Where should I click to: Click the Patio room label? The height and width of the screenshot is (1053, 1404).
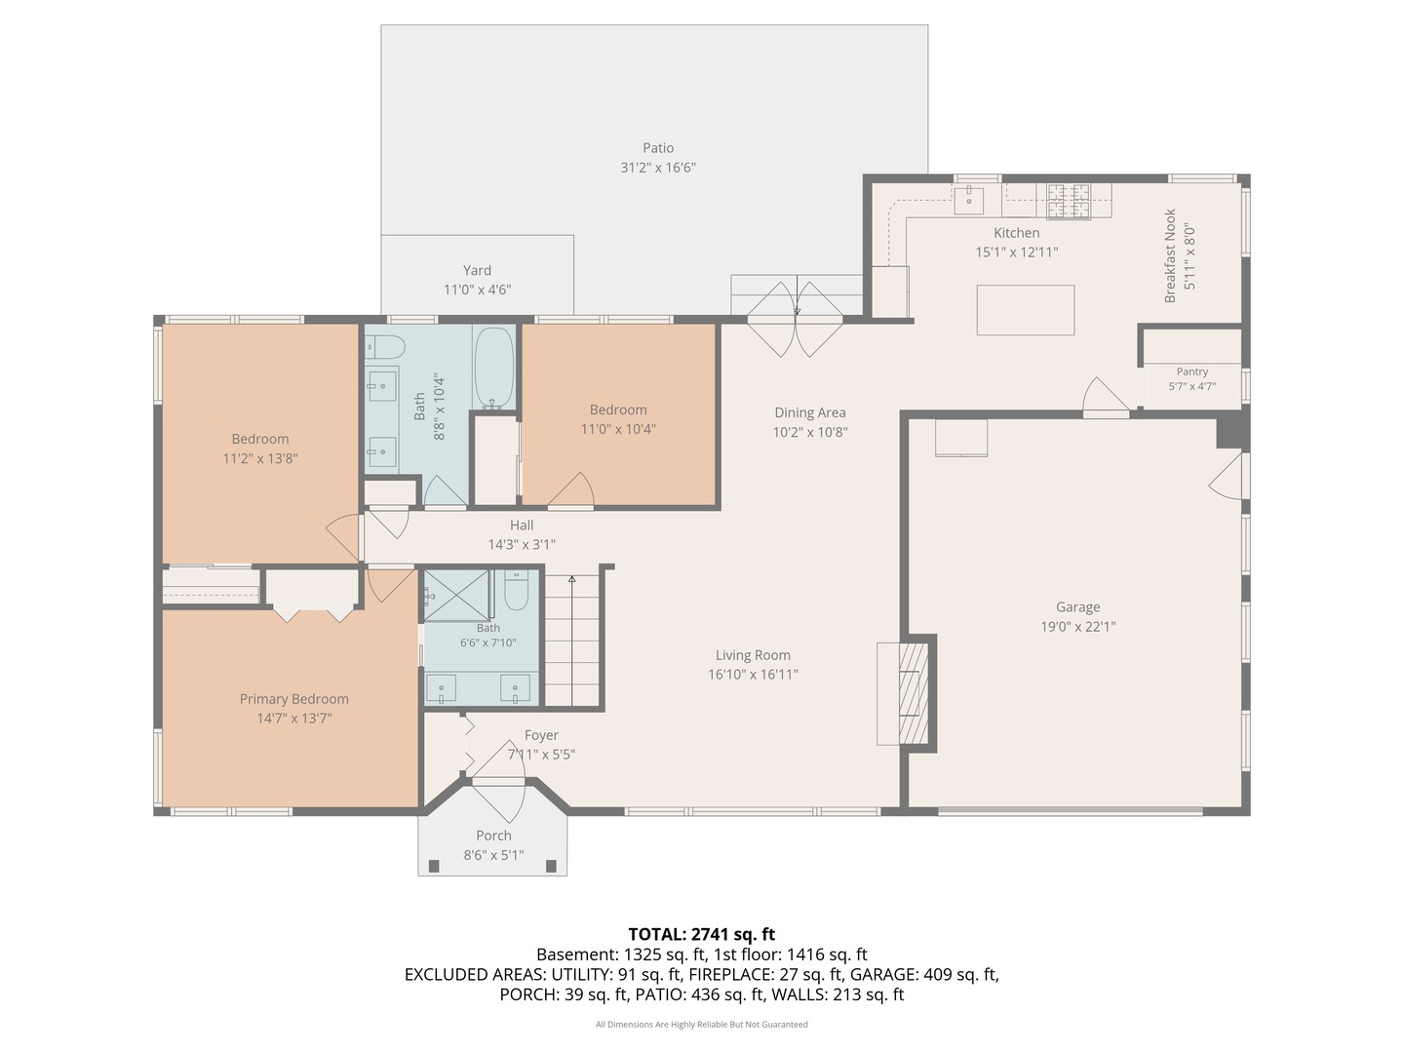[657, 148]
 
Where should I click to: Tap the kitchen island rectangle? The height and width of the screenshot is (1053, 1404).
[1025, 310]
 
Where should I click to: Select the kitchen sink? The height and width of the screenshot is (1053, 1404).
[969, 199]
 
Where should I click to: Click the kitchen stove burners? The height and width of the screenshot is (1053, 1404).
[1069, 201]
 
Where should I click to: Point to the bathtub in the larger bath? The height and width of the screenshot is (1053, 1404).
[494, 369]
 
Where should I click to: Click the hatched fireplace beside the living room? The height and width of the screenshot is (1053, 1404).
[914, 693]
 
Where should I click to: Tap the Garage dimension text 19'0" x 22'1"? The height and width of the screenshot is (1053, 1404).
[1077, 627]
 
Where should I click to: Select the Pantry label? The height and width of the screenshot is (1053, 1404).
[1192, 371]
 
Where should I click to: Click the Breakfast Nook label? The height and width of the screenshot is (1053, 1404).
[1170, 255]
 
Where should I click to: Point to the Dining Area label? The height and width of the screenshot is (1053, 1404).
[810, 413]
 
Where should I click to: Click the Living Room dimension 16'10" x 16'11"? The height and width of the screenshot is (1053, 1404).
[753, 674]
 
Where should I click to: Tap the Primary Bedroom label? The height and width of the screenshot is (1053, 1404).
[294, 699]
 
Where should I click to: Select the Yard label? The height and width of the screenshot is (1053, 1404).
[477, 270]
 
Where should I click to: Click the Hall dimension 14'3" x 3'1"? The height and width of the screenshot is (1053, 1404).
[522, 545]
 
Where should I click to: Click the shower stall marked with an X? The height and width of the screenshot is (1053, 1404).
[456, 596]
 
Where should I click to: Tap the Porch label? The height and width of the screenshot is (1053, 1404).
[493, 836]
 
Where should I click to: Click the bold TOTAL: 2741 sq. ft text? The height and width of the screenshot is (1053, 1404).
[702, 935]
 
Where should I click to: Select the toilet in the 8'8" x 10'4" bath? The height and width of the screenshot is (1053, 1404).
[385, 348]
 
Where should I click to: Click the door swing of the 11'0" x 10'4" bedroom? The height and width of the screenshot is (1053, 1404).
[571, 489]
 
